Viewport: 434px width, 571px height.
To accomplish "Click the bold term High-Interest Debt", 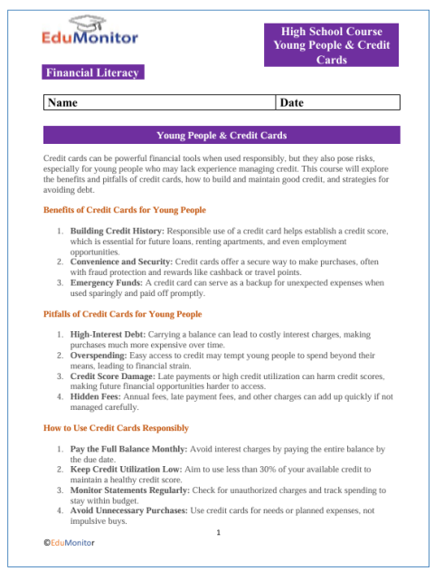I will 107,335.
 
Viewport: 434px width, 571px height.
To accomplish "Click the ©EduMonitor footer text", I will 69,542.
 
